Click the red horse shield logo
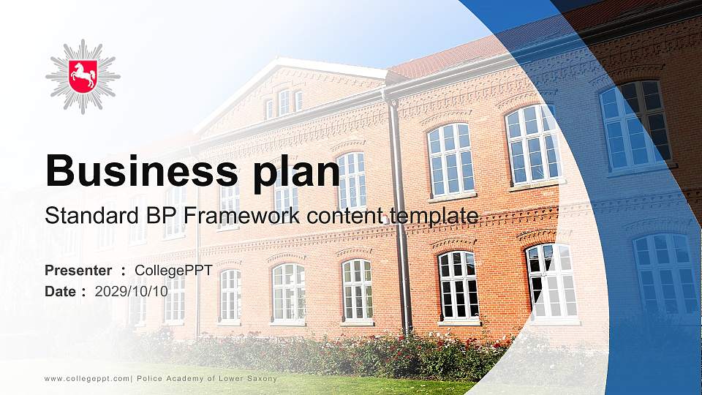point(83,75)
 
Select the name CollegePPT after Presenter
point(173,271)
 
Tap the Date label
point(61,291)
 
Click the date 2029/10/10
point(132,291)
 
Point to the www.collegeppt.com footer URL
point(86,378)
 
